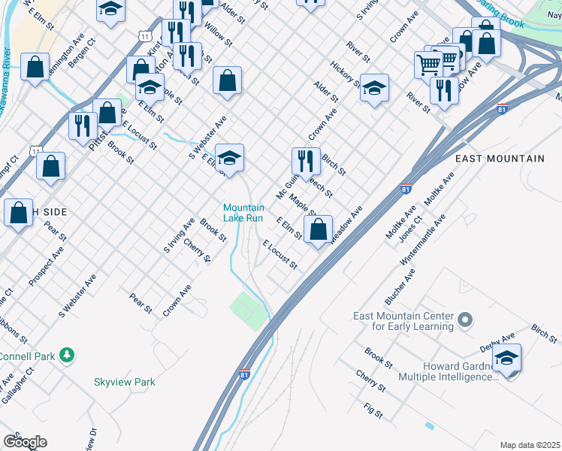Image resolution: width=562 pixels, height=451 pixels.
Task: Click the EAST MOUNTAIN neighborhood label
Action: [x=500, y=159]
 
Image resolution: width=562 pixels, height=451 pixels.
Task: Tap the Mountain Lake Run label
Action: [x=243, y=213]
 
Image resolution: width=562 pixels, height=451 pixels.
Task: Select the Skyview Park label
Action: [x=125, y=382]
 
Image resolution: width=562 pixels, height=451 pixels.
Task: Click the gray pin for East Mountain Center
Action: [x=465, y=320]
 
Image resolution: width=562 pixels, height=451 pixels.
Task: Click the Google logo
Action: [x=25, y=442]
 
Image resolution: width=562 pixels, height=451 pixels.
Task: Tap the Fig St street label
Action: [x=373, y=411]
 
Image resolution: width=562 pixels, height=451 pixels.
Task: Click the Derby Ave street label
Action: [x=497, y=344]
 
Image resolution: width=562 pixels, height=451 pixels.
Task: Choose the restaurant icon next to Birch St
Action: [x=306, y=161]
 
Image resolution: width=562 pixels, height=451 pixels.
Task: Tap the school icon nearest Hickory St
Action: [x=374, y=89]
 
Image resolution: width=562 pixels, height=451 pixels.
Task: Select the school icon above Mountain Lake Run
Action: [x=230, y=158]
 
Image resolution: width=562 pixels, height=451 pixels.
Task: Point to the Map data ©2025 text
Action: [x=529, y=445]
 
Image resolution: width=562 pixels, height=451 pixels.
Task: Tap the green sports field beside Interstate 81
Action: [x=249, y=310]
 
